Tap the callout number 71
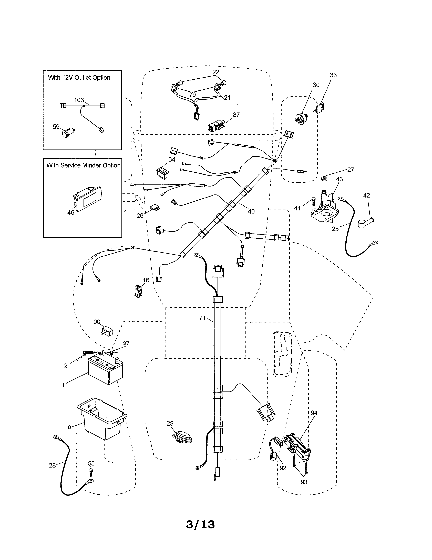202,318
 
